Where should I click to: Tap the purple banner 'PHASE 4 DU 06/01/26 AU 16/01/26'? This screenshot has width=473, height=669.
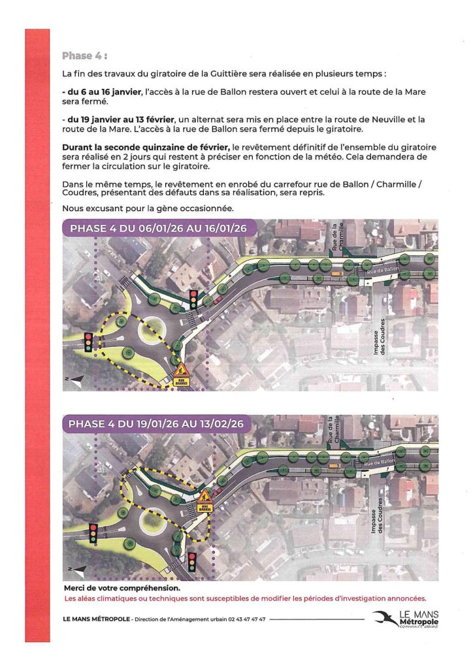[x=158, y=229]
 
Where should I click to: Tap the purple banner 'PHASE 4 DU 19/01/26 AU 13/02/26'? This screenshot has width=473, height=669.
[x=157, y=424]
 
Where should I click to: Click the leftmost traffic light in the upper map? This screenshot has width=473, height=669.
[x=88, y=342]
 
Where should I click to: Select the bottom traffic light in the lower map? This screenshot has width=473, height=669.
[x=192, y=561]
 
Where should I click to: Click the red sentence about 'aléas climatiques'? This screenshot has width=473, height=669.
[x=244, y=598]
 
